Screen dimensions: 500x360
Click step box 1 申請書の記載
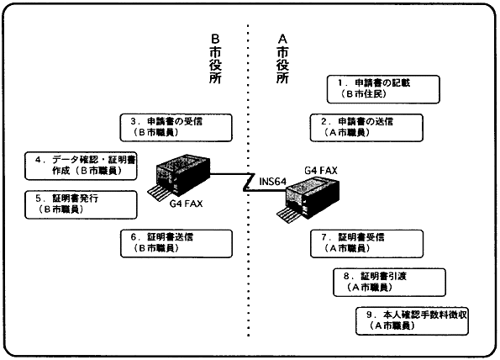[x=383, y=89]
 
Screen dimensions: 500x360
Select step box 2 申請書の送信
[x=366, y=128]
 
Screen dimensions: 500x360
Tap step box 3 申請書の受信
[x=176, y=128]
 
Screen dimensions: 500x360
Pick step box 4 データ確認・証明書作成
[x=81, y=166]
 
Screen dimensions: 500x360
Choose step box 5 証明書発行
[x=81, y=205]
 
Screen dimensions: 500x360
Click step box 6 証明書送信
[x=176, y=244]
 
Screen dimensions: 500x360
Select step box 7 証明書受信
[x=366, y=244]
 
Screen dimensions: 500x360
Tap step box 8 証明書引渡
[x=389, y=283]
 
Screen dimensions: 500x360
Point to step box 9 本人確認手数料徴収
[x=412, y=321]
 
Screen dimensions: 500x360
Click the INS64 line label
[x=272, y=182]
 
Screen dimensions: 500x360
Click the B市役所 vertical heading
[x=216, y=59]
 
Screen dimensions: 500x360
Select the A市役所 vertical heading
[x=283, y=59]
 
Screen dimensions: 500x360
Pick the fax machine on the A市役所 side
[x=308, y=199]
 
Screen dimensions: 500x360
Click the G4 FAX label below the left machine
[x=186, y=204]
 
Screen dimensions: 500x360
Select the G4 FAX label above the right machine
[x=321, y=171]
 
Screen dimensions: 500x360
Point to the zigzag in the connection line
[x=249, y=183]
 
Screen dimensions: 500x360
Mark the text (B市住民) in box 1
[x=363, y=94]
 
